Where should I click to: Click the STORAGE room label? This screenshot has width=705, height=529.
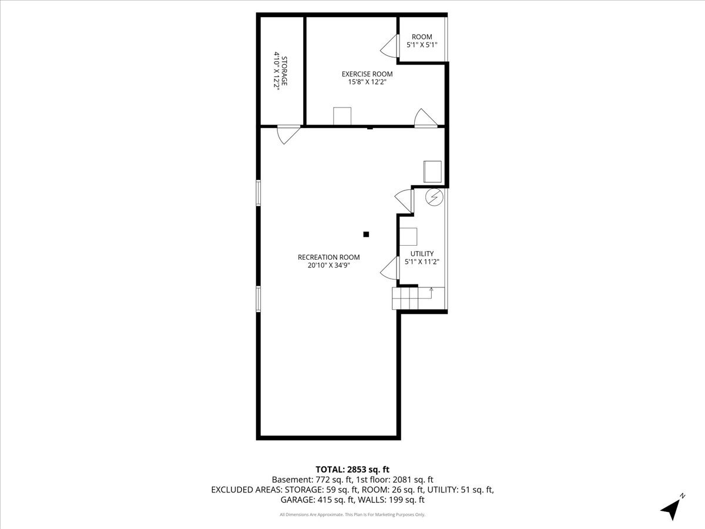[x=284, y=72]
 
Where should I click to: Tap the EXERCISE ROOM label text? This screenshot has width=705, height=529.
[x=367, y=74]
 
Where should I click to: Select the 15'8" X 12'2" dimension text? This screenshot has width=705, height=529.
[x=367, y=82]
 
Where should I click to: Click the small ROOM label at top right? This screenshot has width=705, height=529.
[x=422, y=37]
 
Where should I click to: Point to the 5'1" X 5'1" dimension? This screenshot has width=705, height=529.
[x=422, y=45]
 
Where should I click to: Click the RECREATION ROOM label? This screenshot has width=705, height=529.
[x=328, y=257]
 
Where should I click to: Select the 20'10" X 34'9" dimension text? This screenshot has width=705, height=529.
[x=328, y=265]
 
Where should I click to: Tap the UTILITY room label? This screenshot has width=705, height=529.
[x=422, y=253]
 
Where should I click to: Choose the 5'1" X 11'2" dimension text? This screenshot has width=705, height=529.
[x=422, y=262]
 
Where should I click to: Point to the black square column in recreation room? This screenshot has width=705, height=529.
[x=366, y=235]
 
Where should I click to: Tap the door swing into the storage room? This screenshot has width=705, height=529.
[x=287, y=135]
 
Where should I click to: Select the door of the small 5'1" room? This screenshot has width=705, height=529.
[x=390, y=46]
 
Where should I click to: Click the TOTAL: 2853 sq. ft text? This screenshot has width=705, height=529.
[x=352, y=469]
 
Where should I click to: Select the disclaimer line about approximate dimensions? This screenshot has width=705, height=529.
[x=352, y=515]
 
